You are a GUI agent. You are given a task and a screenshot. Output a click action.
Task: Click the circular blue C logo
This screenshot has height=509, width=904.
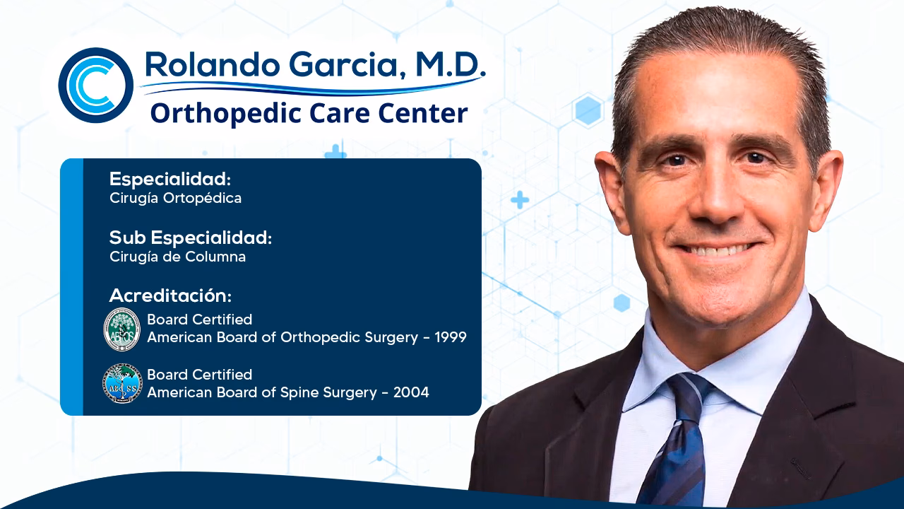point(95,86)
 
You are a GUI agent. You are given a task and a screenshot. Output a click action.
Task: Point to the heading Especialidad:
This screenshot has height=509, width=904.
point(170,180)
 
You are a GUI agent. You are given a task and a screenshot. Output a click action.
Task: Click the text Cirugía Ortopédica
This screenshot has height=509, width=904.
point(175,199)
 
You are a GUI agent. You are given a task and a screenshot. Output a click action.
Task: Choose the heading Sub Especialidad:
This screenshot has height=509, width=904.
point(190,238)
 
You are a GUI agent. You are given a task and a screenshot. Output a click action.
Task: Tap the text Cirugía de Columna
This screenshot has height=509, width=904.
point(177,257)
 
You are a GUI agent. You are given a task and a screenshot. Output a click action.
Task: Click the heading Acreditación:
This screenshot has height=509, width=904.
point(170,296)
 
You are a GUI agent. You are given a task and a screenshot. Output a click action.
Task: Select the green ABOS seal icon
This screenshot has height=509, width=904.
point(122,329)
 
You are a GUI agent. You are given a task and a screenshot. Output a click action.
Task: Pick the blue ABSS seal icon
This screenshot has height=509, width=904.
point(122,383)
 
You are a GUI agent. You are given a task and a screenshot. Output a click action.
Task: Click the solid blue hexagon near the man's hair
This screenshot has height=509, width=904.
point(588,111)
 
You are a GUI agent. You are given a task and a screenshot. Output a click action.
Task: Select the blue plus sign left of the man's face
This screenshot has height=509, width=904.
point(520,200)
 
